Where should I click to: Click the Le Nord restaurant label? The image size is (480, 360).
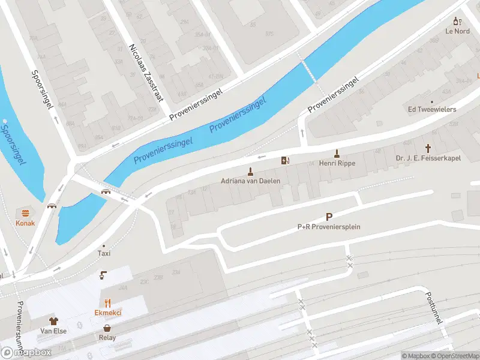click(457, 31)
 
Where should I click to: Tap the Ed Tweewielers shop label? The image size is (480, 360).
click(432, 109)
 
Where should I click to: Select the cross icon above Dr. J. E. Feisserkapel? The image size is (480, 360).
click(428, 148)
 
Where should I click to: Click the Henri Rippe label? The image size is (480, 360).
click(337, 163)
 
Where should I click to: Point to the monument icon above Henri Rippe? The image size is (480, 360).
click(337, 152)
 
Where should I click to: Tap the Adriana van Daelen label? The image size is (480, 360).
click(251, 181)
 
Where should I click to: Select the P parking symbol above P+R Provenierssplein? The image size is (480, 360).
click(329, 217)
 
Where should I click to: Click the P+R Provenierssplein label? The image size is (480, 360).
click(328, 227)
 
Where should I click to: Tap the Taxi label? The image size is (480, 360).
click(104, 254)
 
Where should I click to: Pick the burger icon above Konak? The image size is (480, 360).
click(25, 213)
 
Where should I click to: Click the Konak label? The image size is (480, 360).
click(25, 223)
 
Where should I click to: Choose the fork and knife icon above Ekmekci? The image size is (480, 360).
click(108, 303)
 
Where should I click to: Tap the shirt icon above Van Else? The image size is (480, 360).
click(53, 321)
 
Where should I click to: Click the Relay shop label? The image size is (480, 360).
click(107, 337)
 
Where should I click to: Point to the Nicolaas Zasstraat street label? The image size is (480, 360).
click(146, 72)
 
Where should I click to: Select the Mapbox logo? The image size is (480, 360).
click(26, 353)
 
